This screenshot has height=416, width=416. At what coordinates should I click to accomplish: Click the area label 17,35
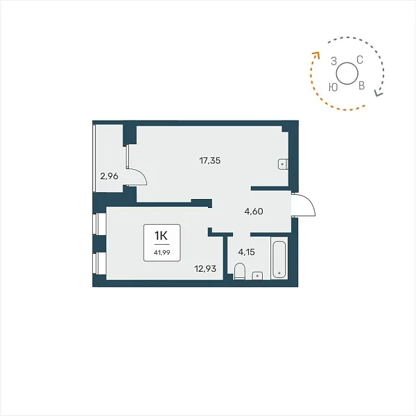(210, 161)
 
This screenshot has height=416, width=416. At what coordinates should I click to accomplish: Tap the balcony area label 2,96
(109, 176)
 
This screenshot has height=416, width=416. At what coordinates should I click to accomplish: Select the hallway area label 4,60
(254, 211)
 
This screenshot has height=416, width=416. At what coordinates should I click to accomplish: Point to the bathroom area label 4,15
(246, 252)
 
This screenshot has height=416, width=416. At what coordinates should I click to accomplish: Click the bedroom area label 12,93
(205, 269)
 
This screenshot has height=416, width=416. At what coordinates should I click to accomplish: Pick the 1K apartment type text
(162, 235)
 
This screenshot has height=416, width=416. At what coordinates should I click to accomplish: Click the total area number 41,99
(162, 252)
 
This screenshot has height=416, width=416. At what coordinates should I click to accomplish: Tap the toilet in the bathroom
(240, 271)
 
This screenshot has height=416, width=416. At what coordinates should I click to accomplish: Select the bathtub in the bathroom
(279, 259)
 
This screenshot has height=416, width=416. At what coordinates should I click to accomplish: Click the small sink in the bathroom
(257, 276)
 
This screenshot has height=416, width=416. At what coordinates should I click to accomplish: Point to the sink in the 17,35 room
(283, 164)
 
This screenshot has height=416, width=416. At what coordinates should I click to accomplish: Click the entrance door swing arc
(308, 201)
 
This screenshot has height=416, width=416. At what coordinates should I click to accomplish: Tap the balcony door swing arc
(141, 174)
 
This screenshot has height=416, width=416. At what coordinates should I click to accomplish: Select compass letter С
(359, 60)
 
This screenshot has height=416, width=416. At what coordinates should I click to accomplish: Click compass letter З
(333, 61)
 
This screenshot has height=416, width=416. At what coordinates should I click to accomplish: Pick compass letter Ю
(333, 87)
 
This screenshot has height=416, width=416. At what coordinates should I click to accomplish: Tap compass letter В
(361, 85)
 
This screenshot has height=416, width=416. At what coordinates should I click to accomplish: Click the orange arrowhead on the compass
(316, 54)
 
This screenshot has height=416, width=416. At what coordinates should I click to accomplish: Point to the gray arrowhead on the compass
(378, 93)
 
